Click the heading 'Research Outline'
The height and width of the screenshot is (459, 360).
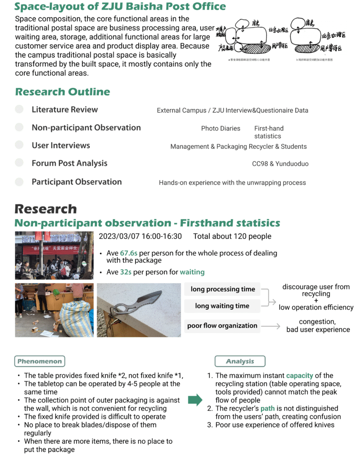point(62,92)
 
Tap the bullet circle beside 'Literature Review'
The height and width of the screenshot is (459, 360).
point(19,109)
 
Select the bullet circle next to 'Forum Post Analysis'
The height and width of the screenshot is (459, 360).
point(19,163)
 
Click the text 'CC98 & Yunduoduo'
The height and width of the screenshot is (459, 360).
point(280,164)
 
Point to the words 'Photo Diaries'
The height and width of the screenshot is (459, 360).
point(221,128)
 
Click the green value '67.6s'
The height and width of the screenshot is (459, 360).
point(129,253)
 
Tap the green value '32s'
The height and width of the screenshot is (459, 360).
point(126,272)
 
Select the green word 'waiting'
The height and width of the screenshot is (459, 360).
point(192,272)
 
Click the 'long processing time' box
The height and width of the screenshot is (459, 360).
point(222,290)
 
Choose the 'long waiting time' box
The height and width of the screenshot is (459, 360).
point(222,306)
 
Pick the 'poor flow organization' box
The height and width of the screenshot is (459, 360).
point(222,326)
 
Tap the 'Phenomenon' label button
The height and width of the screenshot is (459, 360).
point(39,361)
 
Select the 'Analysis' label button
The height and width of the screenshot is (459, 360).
point(240,361)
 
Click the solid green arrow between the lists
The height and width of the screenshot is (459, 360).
point(195,400)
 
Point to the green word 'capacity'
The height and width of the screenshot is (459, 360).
point(300,376)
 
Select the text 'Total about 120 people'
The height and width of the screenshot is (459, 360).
point(232,236)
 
